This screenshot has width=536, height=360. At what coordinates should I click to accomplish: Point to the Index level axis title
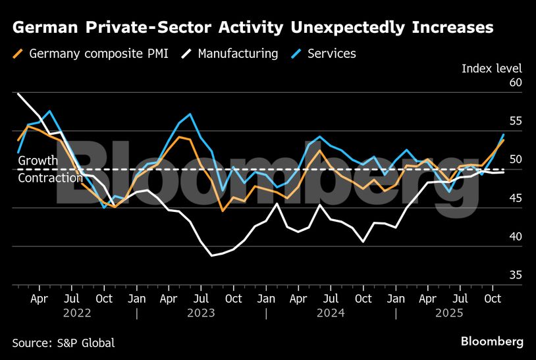pos(491,68)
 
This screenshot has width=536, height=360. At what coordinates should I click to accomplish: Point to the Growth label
pos(38,161)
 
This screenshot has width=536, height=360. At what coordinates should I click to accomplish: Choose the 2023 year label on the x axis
pos(201,313)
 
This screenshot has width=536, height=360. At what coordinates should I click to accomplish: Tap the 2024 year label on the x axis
pos(331,313)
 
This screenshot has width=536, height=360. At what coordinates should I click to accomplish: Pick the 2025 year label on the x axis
pos(460,313)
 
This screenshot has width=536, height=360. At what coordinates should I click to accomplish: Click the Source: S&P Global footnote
pos(63,342)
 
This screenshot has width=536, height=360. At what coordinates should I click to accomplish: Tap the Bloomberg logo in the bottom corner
pos(492,342)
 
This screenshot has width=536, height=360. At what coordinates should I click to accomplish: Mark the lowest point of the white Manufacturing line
pos(212,255)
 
